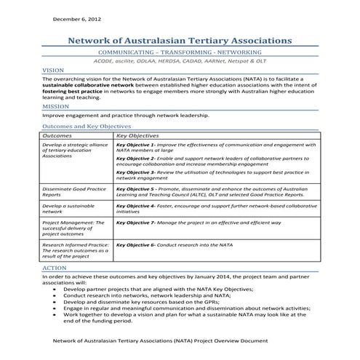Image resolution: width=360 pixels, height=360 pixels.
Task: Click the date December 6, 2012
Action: (x=73, y=19)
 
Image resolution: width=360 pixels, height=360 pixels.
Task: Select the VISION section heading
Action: (x=54, y=71)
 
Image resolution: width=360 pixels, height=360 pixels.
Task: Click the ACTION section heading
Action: (x=55, y=268)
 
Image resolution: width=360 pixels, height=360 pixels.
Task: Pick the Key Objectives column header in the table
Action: (x=137, y=135)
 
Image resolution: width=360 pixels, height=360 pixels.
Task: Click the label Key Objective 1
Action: (x=135, y=145)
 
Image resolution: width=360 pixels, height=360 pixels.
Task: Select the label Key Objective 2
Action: (x=135, y=159)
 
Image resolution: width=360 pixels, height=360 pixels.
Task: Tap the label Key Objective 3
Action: (x=135, y=172)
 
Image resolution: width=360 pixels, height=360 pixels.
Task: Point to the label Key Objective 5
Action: (x=135, y=189)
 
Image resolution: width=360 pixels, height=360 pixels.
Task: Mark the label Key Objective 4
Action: (x=135, y=206)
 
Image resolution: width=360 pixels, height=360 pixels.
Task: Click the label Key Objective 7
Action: (x=135, y=223)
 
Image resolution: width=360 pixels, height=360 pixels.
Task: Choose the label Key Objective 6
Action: (x=135, y=245)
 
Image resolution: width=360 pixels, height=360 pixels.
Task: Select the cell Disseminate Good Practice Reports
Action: (x=74, y=192)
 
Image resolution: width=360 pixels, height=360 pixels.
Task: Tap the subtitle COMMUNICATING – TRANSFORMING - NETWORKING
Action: (x=180, y=55)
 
